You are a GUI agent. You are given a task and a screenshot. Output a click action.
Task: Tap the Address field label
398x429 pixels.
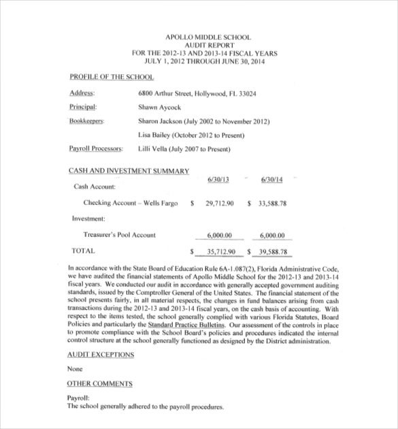pos(82,93)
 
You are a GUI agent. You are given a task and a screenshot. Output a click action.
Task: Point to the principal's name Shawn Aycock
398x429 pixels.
pos(160,108)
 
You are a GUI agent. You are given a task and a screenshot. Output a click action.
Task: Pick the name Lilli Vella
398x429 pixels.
pos(154,148)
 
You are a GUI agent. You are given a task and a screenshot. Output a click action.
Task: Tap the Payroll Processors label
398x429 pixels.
pos(95,148)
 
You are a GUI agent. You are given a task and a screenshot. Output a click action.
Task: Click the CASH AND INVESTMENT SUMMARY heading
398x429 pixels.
pos(129,171)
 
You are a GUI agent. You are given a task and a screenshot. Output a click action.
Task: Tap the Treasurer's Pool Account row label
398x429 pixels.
pos(119,235)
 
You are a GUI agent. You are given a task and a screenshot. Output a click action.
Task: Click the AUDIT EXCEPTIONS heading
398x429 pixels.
pos(101,355)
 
